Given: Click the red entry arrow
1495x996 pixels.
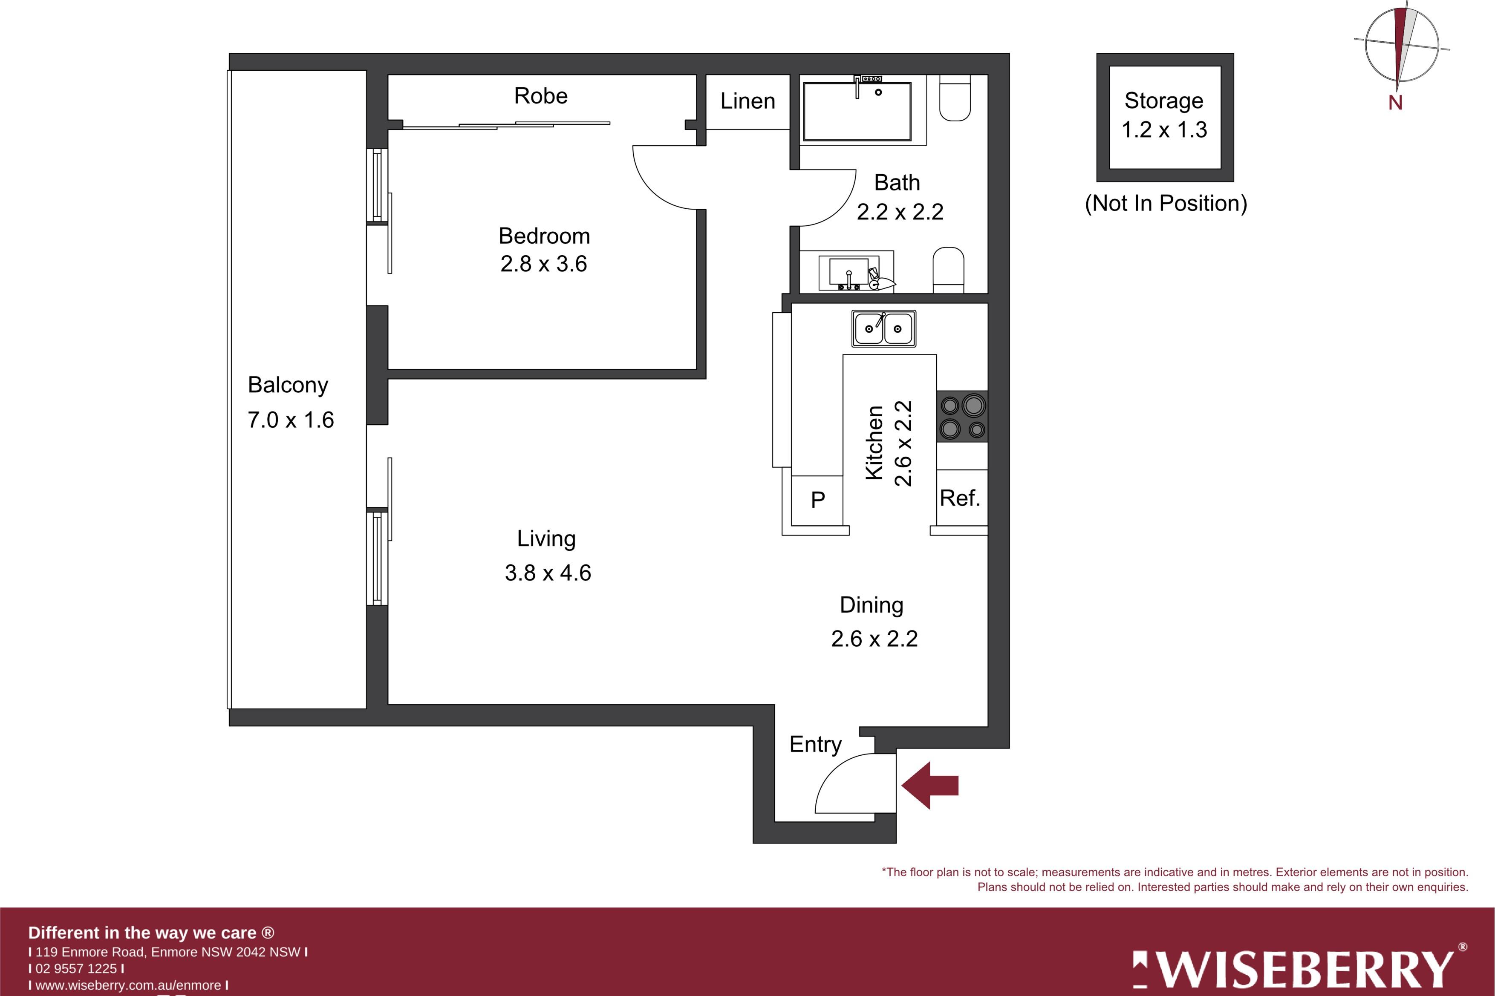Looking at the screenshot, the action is (929, 785).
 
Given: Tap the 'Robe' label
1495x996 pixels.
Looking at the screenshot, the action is (541, 96).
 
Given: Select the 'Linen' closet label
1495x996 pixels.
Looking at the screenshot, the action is (748, 101).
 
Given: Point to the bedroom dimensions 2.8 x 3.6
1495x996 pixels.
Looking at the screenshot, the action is (544, 264).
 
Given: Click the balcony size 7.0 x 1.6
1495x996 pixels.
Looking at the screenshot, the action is (290, 420).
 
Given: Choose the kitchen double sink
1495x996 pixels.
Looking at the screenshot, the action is (884, 328).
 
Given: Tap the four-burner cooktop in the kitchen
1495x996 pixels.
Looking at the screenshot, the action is (962, 417).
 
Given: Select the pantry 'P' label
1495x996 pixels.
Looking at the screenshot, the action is (818, 500).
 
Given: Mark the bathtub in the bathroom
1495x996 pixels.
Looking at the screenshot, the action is (857, 111).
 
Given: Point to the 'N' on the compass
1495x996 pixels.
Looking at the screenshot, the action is (1395, 102).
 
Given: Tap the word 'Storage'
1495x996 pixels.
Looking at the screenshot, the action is (1164, 101).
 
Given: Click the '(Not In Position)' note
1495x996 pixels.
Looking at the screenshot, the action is (1166, 203).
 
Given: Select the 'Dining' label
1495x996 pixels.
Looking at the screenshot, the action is (871, 605).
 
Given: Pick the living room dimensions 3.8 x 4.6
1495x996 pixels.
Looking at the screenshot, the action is (548, 573).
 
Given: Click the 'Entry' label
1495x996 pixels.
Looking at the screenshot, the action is (815, 745).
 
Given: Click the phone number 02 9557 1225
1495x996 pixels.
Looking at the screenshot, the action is (76, 969).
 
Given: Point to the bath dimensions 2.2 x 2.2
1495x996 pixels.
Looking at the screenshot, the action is (900, 212).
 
